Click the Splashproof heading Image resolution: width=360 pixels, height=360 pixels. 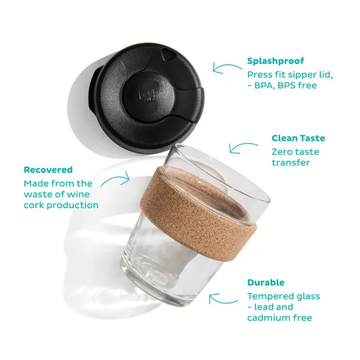pos(276,61)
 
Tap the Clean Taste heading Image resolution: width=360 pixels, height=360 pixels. pos(298,138)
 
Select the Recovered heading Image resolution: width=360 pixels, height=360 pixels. pos(48,170)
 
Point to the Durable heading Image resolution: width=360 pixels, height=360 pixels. pos(266,282)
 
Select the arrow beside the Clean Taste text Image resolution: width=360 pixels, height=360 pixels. pos(243,147)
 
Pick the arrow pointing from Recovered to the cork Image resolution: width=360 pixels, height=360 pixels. pos(115,180)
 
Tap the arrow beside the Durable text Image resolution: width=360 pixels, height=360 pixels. pos(223,299)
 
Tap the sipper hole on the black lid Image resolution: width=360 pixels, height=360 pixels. pos(166,55)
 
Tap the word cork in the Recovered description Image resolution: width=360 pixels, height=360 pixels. pos(34,205)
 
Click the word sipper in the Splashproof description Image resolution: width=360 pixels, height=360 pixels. pos(300,75)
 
